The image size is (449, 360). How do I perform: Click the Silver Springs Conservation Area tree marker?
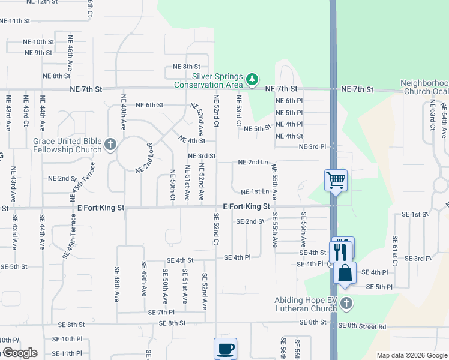click(x=253, y=79)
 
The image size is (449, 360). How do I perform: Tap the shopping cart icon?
click(x=336, y=179)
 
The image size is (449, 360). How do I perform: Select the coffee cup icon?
click(x=225, y=348)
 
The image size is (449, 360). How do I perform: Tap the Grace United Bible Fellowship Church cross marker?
click(x=110, y=144)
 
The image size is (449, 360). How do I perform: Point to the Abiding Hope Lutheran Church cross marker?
click(x=345, y=305)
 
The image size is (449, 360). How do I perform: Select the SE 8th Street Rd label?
click(x=362, y=326)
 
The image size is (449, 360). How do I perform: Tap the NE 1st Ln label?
click(x=255, y=192)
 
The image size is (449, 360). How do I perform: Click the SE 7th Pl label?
click(x=161, y=313)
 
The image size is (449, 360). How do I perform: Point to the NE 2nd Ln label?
click(x=253, y=162)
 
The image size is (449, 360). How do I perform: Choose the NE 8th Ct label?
click(x=186, y=67)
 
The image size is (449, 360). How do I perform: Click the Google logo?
click(x=19, y=353)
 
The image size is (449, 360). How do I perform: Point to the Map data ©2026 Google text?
click(x=412, y=355)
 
